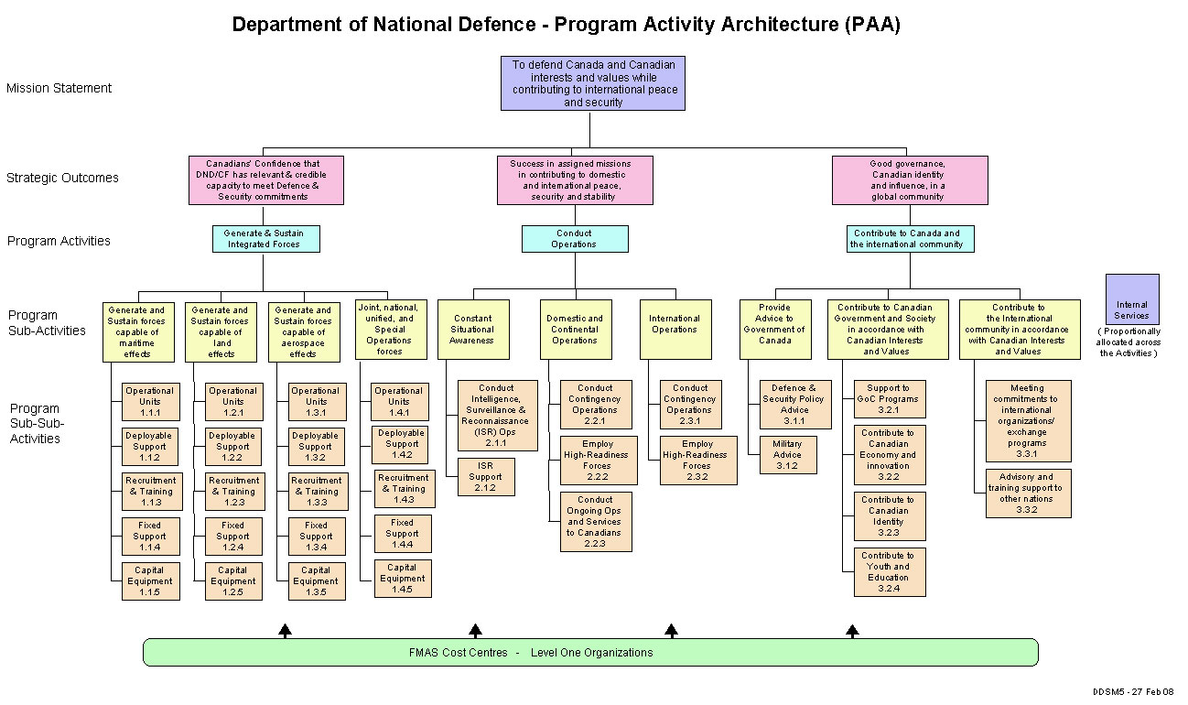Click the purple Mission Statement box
(592, 83)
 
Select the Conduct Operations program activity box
(575, 239)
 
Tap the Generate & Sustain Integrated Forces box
(264, 239)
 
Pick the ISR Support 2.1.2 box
(486, 476)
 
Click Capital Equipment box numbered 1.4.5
(403, 578)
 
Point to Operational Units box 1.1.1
(149, 402)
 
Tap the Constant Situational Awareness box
(472, 330)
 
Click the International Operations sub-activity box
(675, 330)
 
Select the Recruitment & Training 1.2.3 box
(232, 492)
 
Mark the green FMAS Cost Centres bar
(590, 653)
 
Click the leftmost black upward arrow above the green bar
(286, 630)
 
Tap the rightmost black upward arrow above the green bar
(852, 630)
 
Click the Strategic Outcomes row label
(62, 178)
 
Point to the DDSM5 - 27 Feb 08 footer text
(1133, 691)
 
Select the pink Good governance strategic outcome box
(909, 180)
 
